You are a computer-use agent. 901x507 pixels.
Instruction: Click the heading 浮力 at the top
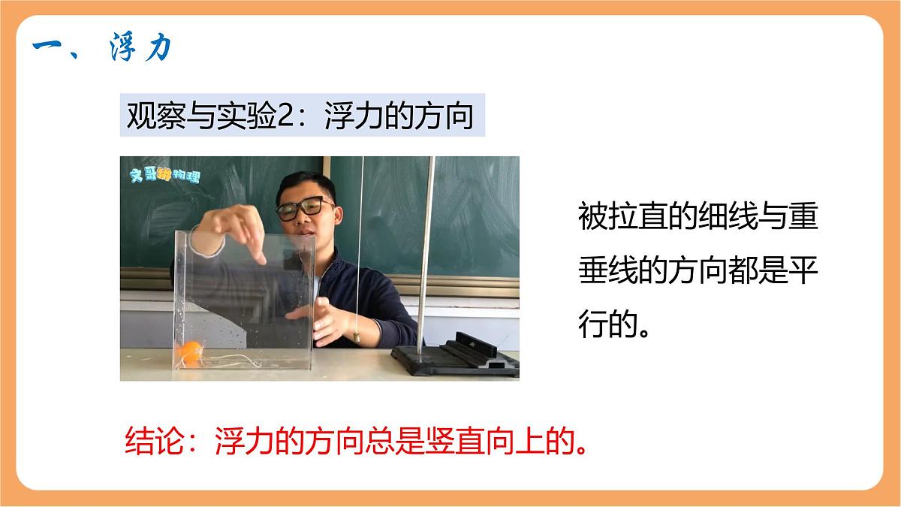[x=140, y=49]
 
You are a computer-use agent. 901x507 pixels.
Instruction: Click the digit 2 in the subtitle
[x=289, y=116]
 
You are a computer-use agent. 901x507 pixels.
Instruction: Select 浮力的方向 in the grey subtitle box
[x=398, y=116]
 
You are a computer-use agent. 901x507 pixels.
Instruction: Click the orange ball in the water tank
[x=190, y=352]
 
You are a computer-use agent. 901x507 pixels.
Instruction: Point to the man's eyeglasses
[x=304, y=208]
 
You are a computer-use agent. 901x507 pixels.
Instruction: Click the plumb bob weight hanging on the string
[x=358, y=337]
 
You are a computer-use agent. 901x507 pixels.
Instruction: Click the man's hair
[x=301, y=183]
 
